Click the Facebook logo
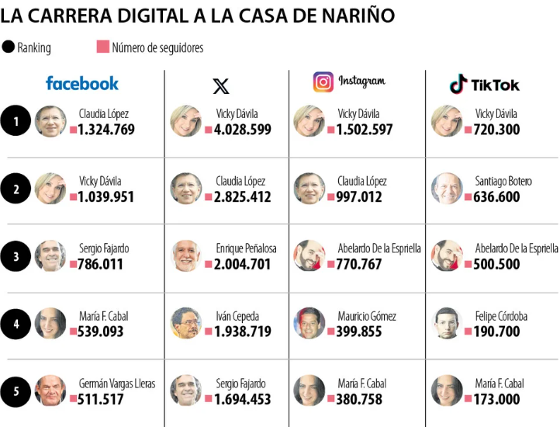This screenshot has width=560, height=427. click(x=82, y=83)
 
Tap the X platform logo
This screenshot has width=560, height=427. click(x=221, y=85)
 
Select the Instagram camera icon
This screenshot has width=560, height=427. click(x=323, y=82)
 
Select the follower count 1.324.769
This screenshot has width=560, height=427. click(x=106, y=130)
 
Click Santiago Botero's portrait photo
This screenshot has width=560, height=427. click(x=447, y=189)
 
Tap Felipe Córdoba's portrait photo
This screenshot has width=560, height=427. click(x=447, y=323)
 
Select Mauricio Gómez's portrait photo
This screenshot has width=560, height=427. click(x=309, y=323)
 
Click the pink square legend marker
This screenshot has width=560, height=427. click(x=102, y=47)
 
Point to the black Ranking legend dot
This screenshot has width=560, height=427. click(x=9, y=47)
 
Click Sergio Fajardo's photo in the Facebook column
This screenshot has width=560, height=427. click(x=50, y=256)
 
